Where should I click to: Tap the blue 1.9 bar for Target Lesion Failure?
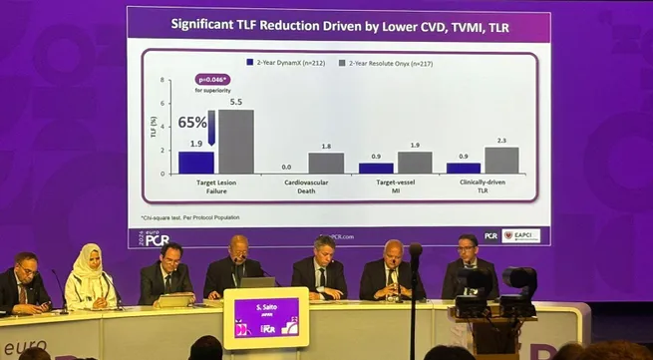(196, 163)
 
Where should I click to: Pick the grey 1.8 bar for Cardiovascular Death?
(326, 163)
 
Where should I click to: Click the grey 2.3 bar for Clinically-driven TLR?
(501, 161)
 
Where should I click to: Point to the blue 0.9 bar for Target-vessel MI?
(376, 169)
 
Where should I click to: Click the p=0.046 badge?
(213, 79)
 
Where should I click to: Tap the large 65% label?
(192, 123)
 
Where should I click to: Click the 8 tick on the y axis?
(162, 80)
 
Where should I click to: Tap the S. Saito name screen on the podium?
(265, 317)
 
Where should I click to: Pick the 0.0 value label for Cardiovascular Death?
(286, 167)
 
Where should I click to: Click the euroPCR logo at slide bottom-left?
(155, 237)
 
